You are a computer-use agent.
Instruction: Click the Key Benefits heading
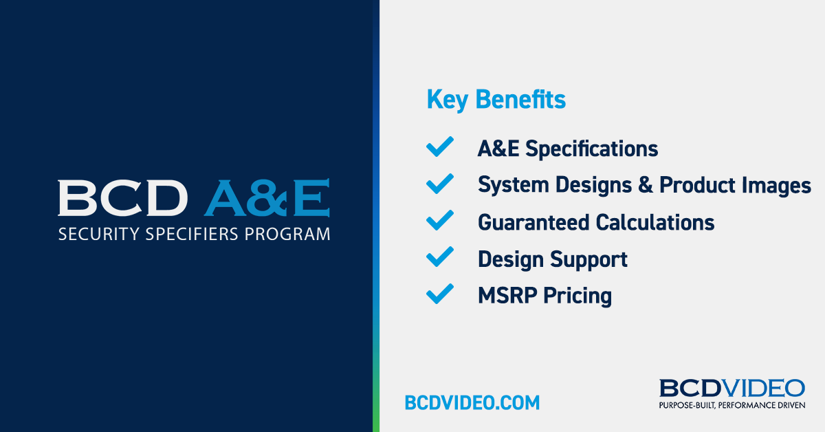pyautogui.click(x=496, y=100)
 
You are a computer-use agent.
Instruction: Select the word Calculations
pyautogui.click(x=655, y=223)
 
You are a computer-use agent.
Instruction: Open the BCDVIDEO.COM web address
pyautogui.click(x=472, y=402)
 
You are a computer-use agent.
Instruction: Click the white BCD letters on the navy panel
pyautogui.click(x=122, y=197)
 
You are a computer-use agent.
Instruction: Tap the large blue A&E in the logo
pyautogui.click(x=267, y=197)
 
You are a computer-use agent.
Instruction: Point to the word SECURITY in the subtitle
pyautogui.click(x=99, y=235)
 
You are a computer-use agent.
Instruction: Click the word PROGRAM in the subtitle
pyautogui.click(x=287, y=235)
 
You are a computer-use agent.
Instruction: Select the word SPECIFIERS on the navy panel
pyautogui.click(x=192, y=235)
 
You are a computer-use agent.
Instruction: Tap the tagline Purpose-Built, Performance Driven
pyautogui.click(x=732, y=405)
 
